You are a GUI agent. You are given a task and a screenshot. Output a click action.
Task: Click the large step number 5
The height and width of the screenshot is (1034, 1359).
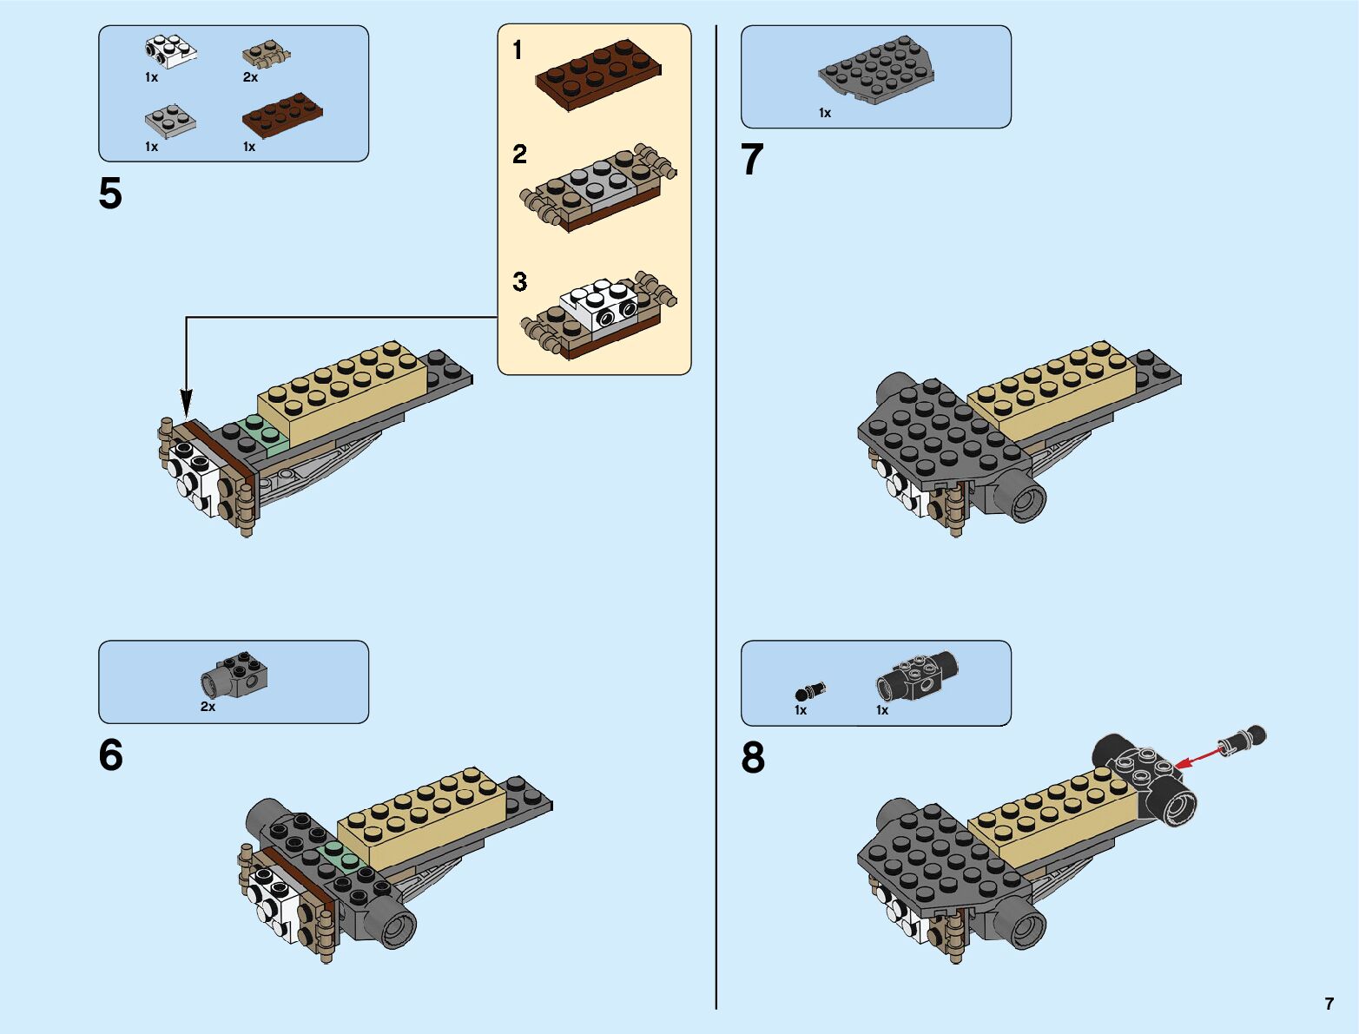coord(110,194)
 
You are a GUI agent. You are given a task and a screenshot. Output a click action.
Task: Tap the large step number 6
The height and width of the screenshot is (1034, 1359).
coord(111,755)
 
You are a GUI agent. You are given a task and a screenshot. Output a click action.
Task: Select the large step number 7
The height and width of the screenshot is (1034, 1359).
coord(752,161)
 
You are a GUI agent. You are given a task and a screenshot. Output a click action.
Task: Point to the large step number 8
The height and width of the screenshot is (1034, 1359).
coord(753,757)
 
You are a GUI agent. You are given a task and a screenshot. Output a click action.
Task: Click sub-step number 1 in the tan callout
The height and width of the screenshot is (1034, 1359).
coord(518,50)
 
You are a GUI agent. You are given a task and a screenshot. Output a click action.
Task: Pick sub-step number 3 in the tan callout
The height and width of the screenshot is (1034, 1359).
coord(519,282)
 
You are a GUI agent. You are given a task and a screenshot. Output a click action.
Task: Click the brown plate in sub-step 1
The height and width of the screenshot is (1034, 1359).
coord(597,74)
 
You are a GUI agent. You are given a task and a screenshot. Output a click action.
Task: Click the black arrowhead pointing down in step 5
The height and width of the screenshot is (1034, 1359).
coord(186,403)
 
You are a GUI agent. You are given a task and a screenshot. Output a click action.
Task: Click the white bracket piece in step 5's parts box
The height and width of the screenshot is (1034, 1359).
coord(170,51)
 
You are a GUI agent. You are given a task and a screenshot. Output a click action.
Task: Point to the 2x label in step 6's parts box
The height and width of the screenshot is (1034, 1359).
coord(208,707)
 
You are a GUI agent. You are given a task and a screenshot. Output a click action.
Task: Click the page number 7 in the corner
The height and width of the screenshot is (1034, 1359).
coord(1329,1004)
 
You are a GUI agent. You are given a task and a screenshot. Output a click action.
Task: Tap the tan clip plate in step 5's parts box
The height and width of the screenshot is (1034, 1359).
coord(264,56)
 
